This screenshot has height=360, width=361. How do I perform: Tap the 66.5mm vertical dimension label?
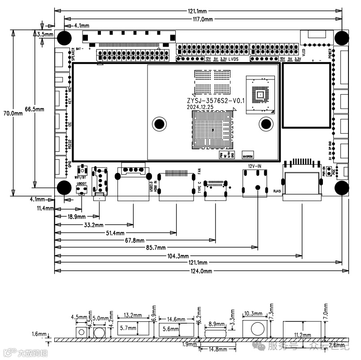pyautogui.click(x=35, y=109)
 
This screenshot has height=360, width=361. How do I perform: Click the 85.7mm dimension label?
pyautogui.click(x=155, y=248)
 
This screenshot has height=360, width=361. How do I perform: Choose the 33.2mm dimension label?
pyautogui.click(x=92, y=225)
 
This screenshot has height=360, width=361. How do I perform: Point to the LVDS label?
pyautogui.click(x=234, y=59)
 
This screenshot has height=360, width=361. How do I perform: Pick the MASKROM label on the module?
pyautogui.click(x=248, y=157)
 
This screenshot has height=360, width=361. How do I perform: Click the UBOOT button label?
pyautogui.click(x=82, y=184)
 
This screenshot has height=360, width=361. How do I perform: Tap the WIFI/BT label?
pyautogui.click(x=81, y=177)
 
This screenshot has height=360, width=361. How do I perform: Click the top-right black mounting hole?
pyautogui.click(x=342, y=37)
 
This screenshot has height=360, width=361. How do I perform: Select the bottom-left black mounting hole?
pyautogui.click(x=63, y=188)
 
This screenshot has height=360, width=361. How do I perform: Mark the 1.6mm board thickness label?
pyautogui.click(x=39, y=334)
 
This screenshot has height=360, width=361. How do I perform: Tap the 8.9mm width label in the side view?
pyautogui.click(x=216, y=323)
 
